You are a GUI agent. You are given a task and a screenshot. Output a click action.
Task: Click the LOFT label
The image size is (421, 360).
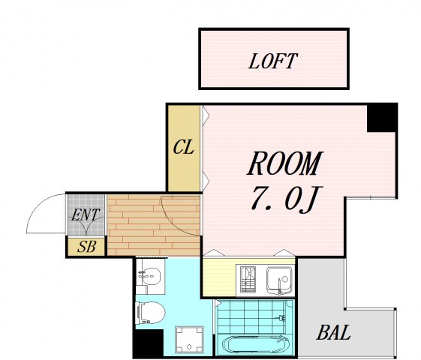(273, 61)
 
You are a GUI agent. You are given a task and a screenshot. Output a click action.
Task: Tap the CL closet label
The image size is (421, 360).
(184, 147)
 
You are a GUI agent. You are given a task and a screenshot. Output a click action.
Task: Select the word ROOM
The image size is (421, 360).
(284, 164)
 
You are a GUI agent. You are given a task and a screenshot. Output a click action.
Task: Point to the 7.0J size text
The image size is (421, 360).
(284, 199)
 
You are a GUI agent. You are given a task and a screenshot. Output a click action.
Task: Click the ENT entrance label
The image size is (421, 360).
(86, 215)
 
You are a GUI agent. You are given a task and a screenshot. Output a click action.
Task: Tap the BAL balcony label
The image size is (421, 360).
(333, 332)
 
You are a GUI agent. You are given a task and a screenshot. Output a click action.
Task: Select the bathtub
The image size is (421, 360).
(255, 344)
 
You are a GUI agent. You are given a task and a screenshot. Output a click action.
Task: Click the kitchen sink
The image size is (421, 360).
(279, 280)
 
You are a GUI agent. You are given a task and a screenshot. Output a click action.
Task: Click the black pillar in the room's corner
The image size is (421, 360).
(381, 118)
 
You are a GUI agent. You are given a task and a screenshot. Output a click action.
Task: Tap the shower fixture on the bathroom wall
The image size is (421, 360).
(282, 318)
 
